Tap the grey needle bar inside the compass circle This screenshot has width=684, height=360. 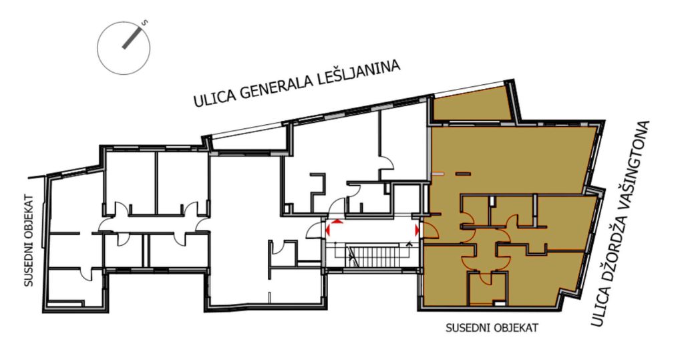pyautogui.click(x=133, y=38)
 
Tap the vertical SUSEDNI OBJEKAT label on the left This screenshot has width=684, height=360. pyautogui.click(x=28, y=240)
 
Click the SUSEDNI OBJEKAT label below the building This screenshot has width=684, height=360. pyautogui.click(x=492, y=328)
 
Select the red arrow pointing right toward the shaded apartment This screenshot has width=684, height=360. pyautogui.click(x=417, y=230)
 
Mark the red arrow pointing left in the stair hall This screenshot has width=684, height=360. pyautogui.click(x=328, y=230)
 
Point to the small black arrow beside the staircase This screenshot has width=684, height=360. pyautogui.click(x=409, y=244)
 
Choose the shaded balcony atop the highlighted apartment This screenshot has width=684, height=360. pyautogui.click(x=471, y=104)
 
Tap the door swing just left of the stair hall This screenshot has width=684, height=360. pyautogui.click(x=315, y=230)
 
